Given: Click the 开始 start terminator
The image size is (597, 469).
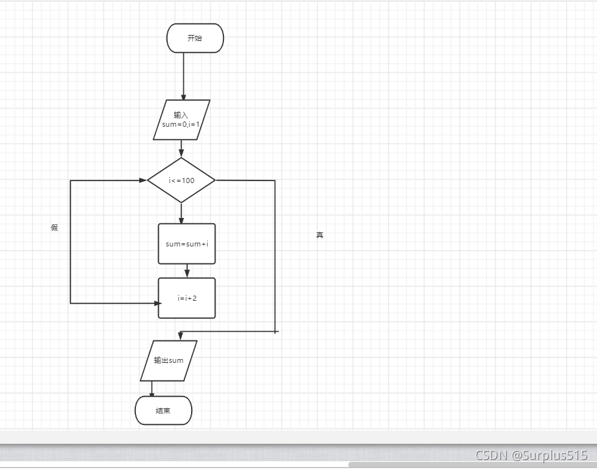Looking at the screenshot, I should pyautogui.click(x=195, y=38).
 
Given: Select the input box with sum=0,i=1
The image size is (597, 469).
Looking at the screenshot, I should pyautogui.click(x=181, y=120).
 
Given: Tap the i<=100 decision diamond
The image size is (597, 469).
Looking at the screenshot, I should pyautogui.click(x=181, y=180).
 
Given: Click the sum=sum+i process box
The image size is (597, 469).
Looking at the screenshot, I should pyautogui.click(x=186, y=244).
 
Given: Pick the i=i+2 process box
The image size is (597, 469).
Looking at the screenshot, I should pyautogui.click(x=186, y=298).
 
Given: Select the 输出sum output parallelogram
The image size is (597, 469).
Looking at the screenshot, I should pyautogui.click(x=168, y=360).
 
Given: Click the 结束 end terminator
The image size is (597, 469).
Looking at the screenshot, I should pyautogui.click(x=163, y=411).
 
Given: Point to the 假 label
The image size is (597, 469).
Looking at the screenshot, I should pyautogui.click(x=54, y=228).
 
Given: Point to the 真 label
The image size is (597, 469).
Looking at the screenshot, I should pyautogui.click(x=319, y=235).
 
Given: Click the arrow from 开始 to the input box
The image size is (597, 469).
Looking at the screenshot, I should pyautogui.click(x=184, y=76).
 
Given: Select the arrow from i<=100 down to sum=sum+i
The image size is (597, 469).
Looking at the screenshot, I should pyautogui.click(x=181, y=213).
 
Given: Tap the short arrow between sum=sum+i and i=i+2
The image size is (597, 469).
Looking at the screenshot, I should pyautogui.click(x=186, y=270).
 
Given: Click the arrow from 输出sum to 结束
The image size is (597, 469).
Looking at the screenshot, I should pyautogui.click(x=152, y=388).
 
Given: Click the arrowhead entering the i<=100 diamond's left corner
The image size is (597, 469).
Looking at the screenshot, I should pyautogui.click(x=142, y=180).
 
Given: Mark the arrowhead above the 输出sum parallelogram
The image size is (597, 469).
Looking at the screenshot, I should pyautogui.click(x=180, y=335).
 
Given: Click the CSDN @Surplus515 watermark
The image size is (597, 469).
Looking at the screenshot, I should pyautogui.click(x=531, y=455).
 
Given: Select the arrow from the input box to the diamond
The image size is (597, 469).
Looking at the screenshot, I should pyautogui.click(x=181, y=148).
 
